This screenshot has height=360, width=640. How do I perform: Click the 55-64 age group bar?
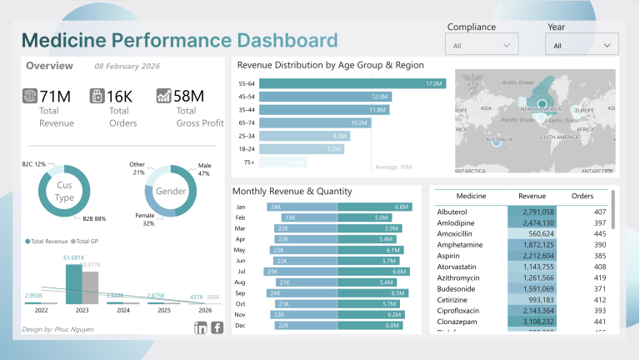(352, 83)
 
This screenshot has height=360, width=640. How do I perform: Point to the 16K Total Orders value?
(119, 96)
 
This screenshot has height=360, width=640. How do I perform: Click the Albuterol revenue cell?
(531, 212)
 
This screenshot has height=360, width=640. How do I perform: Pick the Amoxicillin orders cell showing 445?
(588, 234)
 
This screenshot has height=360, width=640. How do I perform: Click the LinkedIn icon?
(200, 327)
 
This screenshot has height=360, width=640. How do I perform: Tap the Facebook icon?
(217, 327)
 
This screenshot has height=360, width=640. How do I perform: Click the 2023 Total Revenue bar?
(73, 284)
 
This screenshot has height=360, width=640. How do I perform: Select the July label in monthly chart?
(241, 272)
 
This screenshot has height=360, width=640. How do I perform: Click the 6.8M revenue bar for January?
(374, 207)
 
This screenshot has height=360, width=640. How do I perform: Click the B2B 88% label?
(94, 219)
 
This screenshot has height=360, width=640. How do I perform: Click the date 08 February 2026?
(127, 66)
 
